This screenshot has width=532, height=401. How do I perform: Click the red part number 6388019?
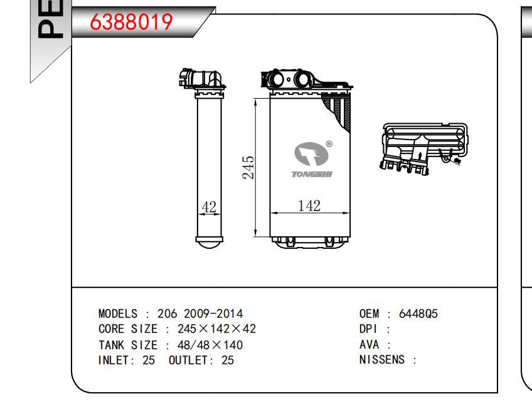click(131, 22)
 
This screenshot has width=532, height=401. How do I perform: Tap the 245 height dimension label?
click(248, 168)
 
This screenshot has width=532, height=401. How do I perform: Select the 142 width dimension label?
click(309, 206)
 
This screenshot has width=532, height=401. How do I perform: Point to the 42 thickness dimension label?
click(209, 207)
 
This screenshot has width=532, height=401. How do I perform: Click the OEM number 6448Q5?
click(418, 314)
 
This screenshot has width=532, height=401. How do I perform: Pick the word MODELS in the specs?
click(118, 314)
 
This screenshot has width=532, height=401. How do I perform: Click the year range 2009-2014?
click(213, 314)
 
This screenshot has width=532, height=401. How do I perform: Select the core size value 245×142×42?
click(216, 329)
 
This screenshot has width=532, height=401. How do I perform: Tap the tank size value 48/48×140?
click(210, 345)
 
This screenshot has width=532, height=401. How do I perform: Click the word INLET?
click(113, 360)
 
